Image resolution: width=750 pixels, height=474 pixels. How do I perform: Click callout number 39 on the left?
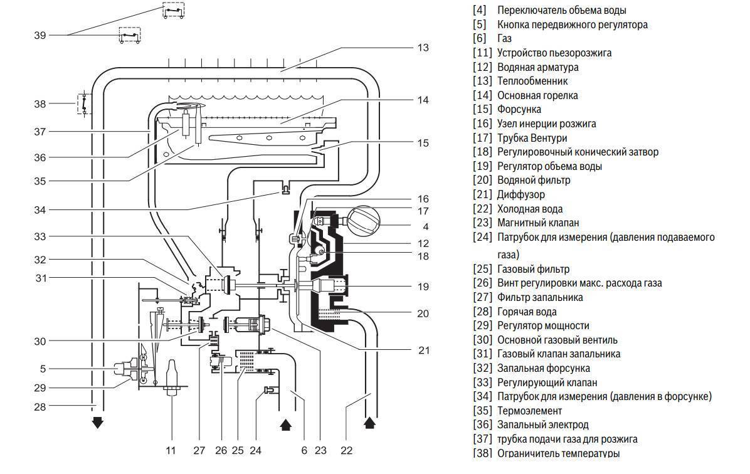(40, 36)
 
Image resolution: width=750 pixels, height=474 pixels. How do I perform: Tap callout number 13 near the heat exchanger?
(423, 48)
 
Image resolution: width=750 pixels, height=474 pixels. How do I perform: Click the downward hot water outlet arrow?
(97, 423)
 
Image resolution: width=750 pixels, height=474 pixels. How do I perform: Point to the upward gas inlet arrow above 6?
(285, 424)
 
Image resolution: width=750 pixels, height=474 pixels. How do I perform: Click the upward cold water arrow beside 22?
(369, 422)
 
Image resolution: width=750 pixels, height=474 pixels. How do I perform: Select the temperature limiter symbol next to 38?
(82, 103)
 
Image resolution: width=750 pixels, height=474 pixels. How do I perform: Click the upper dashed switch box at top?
(174, 10)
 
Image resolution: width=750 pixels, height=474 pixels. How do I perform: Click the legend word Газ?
(504, 38)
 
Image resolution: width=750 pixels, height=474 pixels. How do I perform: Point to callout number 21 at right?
(424, 350)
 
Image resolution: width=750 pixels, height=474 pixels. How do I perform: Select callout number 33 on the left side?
(40, 236)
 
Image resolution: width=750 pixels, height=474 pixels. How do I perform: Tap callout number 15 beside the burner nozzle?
(424, 143)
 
